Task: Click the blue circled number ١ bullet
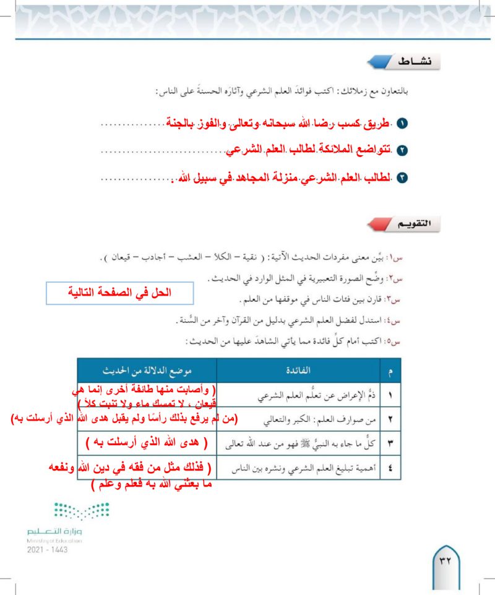403,124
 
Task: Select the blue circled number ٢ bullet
403,151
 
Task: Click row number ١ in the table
389,394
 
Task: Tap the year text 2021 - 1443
47,550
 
